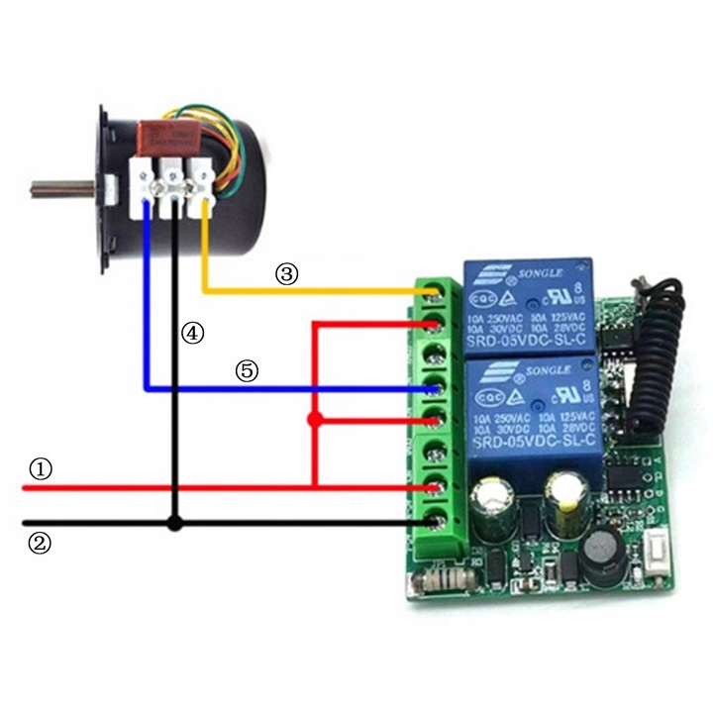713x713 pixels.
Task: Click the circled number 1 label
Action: [x=41, y=468]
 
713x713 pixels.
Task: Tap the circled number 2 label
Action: [x=41, y=542]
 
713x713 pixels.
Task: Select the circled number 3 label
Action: [x=286, y=275]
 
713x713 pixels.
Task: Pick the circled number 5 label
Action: [x=247, y=371]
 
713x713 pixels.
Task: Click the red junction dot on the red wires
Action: [x=315, y=421]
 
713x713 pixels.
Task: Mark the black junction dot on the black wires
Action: [x=175, y=523]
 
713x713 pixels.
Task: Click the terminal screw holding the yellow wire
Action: [x=433, y=292]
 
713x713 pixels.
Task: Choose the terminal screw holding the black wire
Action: [x=433, y=519]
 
